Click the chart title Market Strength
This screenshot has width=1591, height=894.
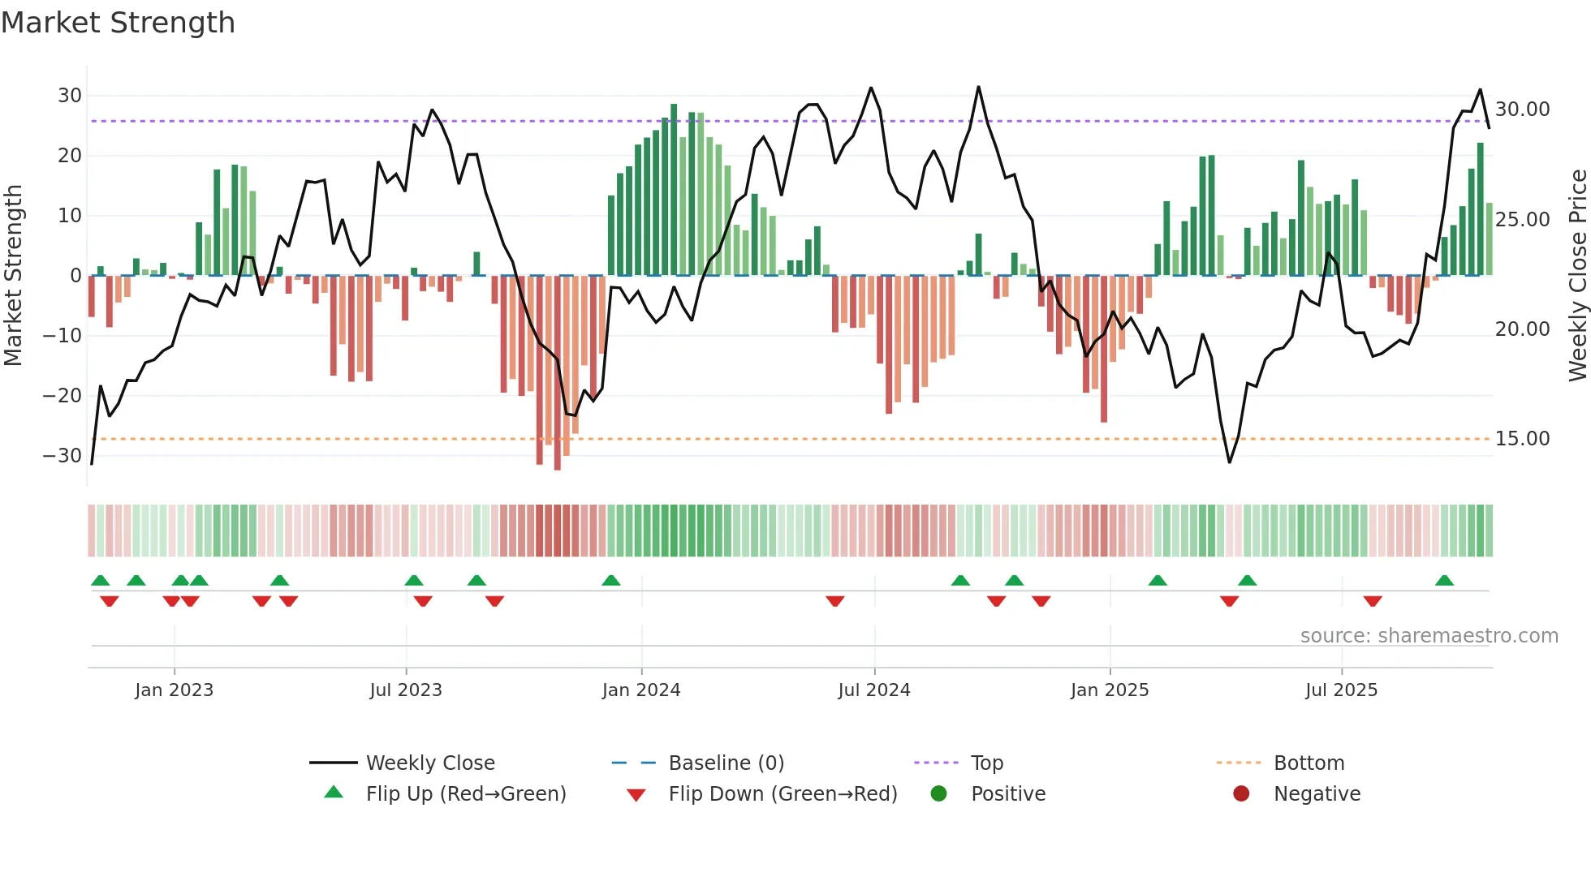pyautogui.click(x=118, y=23)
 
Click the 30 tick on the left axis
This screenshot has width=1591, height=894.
pyautogui.click(x=70, y=96)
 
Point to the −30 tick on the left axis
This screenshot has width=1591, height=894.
pyautogui.click(x=63, y=456)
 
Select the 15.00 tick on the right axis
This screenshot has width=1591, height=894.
pyautogui.click(x=1522, y=439)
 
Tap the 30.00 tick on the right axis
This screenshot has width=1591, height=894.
pyautogui.click(x=1522, y=110)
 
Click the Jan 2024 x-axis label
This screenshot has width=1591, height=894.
pyautogui.click(x=641, y=690)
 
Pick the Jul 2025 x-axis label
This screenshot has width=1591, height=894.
pyautogui.click(x=1341, y=690)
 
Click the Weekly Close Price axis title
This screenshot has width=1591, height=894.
pyautogui.click(x=1577, y=276)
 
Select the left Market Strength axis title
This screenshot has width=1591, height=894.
pyautogui.click(x=14, y=276)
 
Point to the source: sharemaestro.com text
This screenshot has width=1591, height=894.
pyautogui.click(x=1429, y=636)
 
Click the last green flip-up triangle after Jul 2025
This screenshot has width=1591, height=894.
pyautogui.click(x=1444, y=581)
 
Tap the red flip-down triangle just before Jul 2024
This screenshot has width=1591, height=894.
pyautogui.click(x=835, y=601)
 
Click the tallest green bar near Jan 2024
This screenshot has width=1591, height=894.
pyautogui.click(x=674, y=190)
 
